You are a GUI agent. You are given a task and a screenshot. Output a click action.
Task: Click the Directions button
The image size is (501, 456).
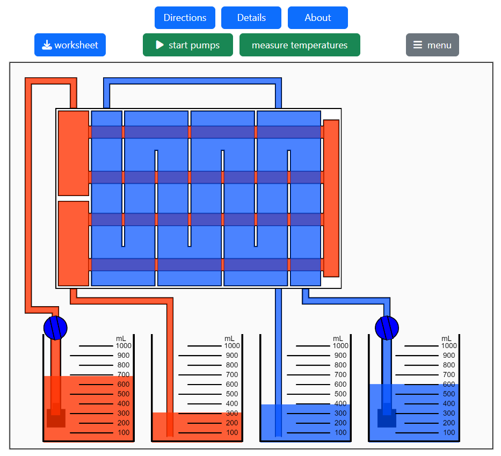pyautogui.click(x=185, y=18)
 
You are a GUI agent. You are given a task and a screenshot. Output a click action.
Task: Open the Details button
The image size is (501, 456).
pyautogui.click(x=251, y=18)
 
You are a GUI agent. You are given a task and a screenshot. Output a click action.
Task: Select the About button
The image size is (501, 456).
pyautogui.click(x=317, y=18)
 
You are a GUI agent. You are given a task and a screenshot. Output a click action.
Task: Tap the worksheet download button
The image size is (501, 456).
pyautogui.click(x=70, y=45)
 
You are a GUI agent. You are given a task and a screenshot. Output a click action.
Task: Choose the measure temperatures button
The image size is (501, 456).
pyautogui.click(x=300, y=45)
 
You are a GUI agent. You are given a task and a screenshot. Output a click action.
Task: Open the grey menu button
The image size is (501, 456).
pyautogui.click(x=432, y=45)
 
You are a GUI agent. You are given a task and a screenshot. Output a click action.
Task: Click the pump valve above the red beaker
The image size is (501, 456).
pyautogui.click(x=55, y=328)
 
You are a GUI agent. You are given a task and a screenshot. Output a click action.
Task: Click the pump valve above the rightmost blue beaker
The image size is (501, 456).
pyautogui.click(x=387, y=328)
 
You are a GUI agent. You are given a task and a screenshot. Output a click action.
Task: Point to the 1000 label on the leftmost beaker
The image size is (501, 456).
pyautogui.click(x=123, y=346)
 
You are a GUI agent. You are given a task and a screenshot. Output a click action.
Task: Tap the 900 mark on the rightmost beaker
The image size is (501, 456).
pyautogui.click(x=448, y=356)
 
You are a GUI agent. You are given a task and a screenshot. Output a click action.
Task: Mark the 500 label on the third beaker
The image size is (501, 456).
pyautogui.click(x=340, y=394)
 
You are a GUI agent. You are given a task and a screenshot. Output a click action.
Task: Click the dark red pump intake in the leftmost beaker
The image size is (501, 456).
pyautogui.click(x=56, y=418)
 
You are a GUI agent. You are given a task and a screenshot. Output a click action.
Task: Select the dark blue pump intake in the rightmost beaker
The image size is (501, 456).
pyautogui.click(x=387, y=418)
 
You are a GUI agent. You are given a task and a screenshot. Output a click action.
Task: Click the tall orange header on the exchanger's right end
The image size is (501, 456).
pyautogui.click(x=331, y=198)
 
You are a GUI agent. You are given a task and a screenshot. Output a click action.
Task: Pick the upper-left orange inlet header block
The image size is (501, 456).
pyautogui.click(x=74, y=153)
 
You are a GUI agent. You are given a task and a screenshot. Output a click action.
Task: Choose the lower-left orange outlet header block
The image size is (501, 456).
pyautogui.click(x=74, y=243)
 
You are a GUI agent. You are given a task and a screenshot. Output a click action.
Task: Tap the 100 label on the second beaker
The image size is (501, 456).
pyautogui.click(x=231, y=433)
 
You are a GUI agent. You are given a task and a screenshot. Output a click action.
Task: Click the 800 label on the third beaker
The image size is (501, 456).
pyautogui.click(x=340, y=365)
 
